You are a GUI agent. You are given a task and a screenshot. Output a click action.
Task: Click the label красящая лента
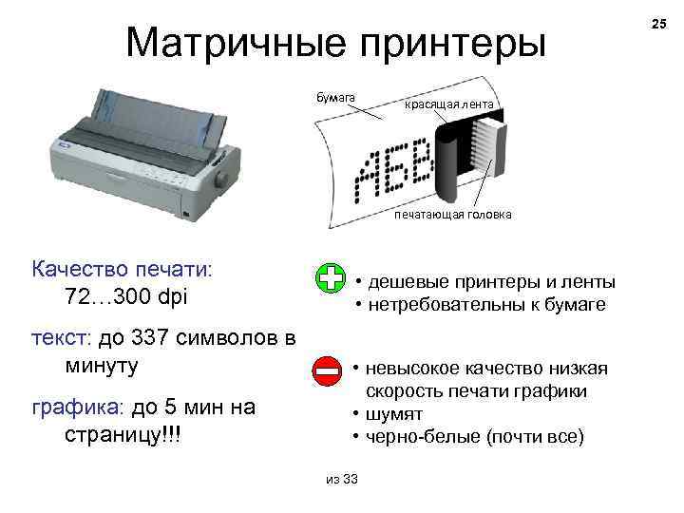pos(447,104)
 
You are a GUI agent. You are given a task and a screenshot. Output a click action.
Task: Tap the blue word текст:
pos(60,339)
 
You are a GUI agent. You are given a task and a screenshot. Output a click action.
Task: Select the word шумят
pos(396,414)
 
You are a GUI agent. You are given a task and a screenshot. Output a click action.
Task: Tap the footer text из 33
pos(341,479)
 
